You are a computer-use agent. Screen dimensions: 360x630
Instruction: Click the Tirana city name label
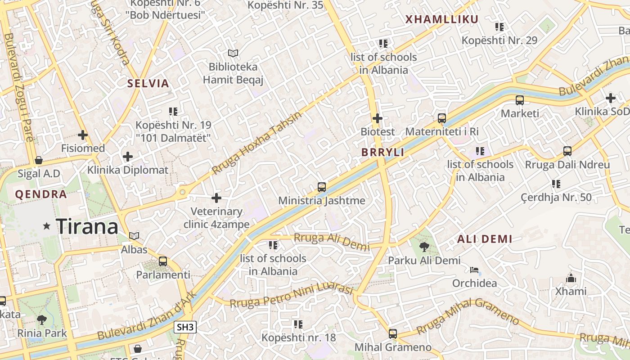(x=87, y=226)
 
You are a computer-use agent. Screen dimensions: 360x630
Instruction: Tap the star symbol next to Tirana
(x=47, y=226)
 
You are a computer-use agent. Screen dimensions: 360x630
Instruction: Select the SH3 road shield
(x=185, y=327)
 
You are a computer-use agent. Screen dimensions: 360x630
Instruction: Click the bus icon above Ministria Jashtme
(x=322, y=187)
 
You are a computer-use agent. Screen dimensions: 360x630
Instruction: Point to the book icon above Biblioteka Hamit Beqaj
(x=233, y=54)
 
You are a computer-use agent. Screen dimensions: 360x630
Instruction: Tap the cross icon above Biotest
(x=378, y=118)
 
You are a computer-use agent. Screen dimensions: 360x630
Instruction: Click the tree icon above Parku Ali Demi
(x=424, y=247)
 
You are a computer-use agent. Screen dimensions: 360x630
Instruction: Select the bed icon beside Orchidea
(x=474, y=270)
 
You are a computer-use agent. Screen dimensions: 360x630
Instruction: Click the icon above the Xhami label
(x=571, y=278)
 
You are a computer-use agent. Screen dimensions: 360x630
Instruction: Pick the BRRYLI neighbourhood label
(x=382, y=153)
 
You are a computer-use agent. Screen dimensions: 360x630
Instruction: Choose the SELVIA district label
(x=148, y=83)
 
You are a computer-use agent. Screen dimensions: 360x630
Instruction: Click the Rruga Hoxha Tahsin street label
(x=257, y=143)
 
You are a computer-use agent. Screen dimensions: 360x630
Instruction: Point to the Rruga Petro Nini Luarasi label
(x=291, y=296)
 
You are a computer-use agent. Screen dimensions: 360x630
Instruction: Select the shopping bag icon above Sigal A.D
(x=39, y=160)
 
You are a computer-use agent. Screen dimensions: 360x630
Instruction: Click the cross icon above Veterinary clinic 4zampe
(x=216, y=198)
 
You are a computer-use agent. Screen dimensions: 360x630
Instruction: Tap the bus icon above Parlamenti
(x=163, y=261)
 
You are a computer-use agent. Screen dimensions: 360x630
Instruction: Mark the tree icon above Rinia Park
(x=42, y=320)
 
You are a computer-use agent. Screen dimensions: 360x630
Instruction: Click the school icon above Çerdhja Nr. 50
(x=556, y=184)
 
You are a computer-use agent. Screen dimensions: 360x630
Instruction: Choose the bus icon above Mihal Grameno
(x=393, y=333)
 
